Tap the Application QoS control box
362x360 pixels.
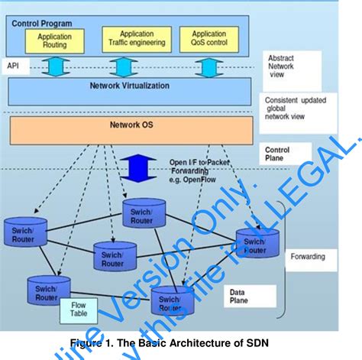click(x=208, y=39)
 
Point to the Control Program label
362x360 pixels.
click(x=41, y=23)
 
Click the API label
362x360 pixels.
click(x=13, y=66)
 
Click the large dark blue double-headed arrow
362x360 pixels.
click(x=153, y=167)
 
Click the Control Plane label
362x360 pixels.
click(x=277, y=154)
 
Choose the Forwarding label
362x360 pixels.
click(x=309, y=258)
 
